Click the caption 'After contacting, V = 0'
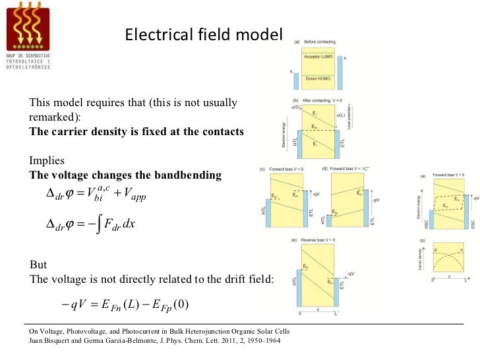[323, 100]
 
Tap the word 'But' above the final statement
[39, 265]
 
